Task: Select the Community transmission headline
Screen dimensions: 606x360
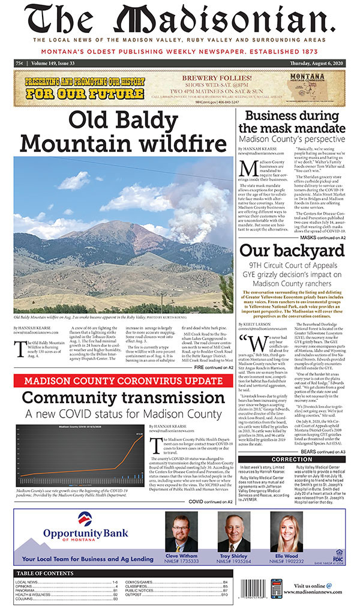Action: point(124,381)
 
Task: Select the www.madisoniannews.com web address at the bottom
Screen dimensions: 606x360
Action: point(321,593)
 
